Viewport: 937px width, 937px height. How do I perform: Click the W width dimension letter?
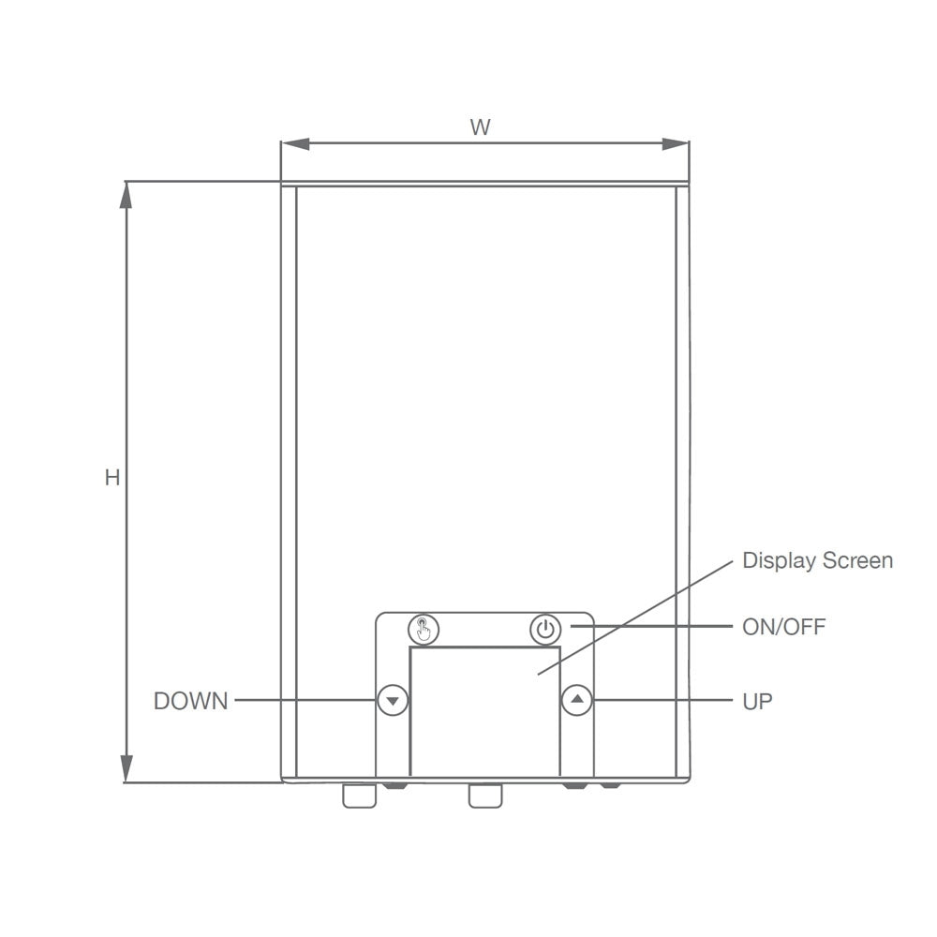[481, 126]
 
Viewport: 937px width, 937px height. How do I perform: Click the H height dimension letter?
[112, 478]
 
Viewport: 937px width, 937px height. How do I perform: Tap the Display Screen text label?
[817, 560]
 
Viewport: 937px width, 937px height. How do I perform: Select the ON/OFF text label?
[783, 627]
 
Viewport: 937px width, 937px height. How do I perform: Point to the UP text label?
[757, 701]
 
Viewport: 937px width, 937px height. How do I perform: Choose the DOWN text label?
[190, 701]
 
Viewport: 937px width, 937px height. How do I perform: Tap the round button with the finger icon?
[424, 630]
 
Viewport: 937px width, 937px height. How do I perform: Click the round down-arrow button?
[393, 700]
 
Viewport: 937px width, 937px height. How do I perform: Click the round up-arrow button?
[576, 700]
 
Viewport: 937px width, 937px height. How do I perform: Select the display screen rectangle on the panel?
[484, 711]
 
